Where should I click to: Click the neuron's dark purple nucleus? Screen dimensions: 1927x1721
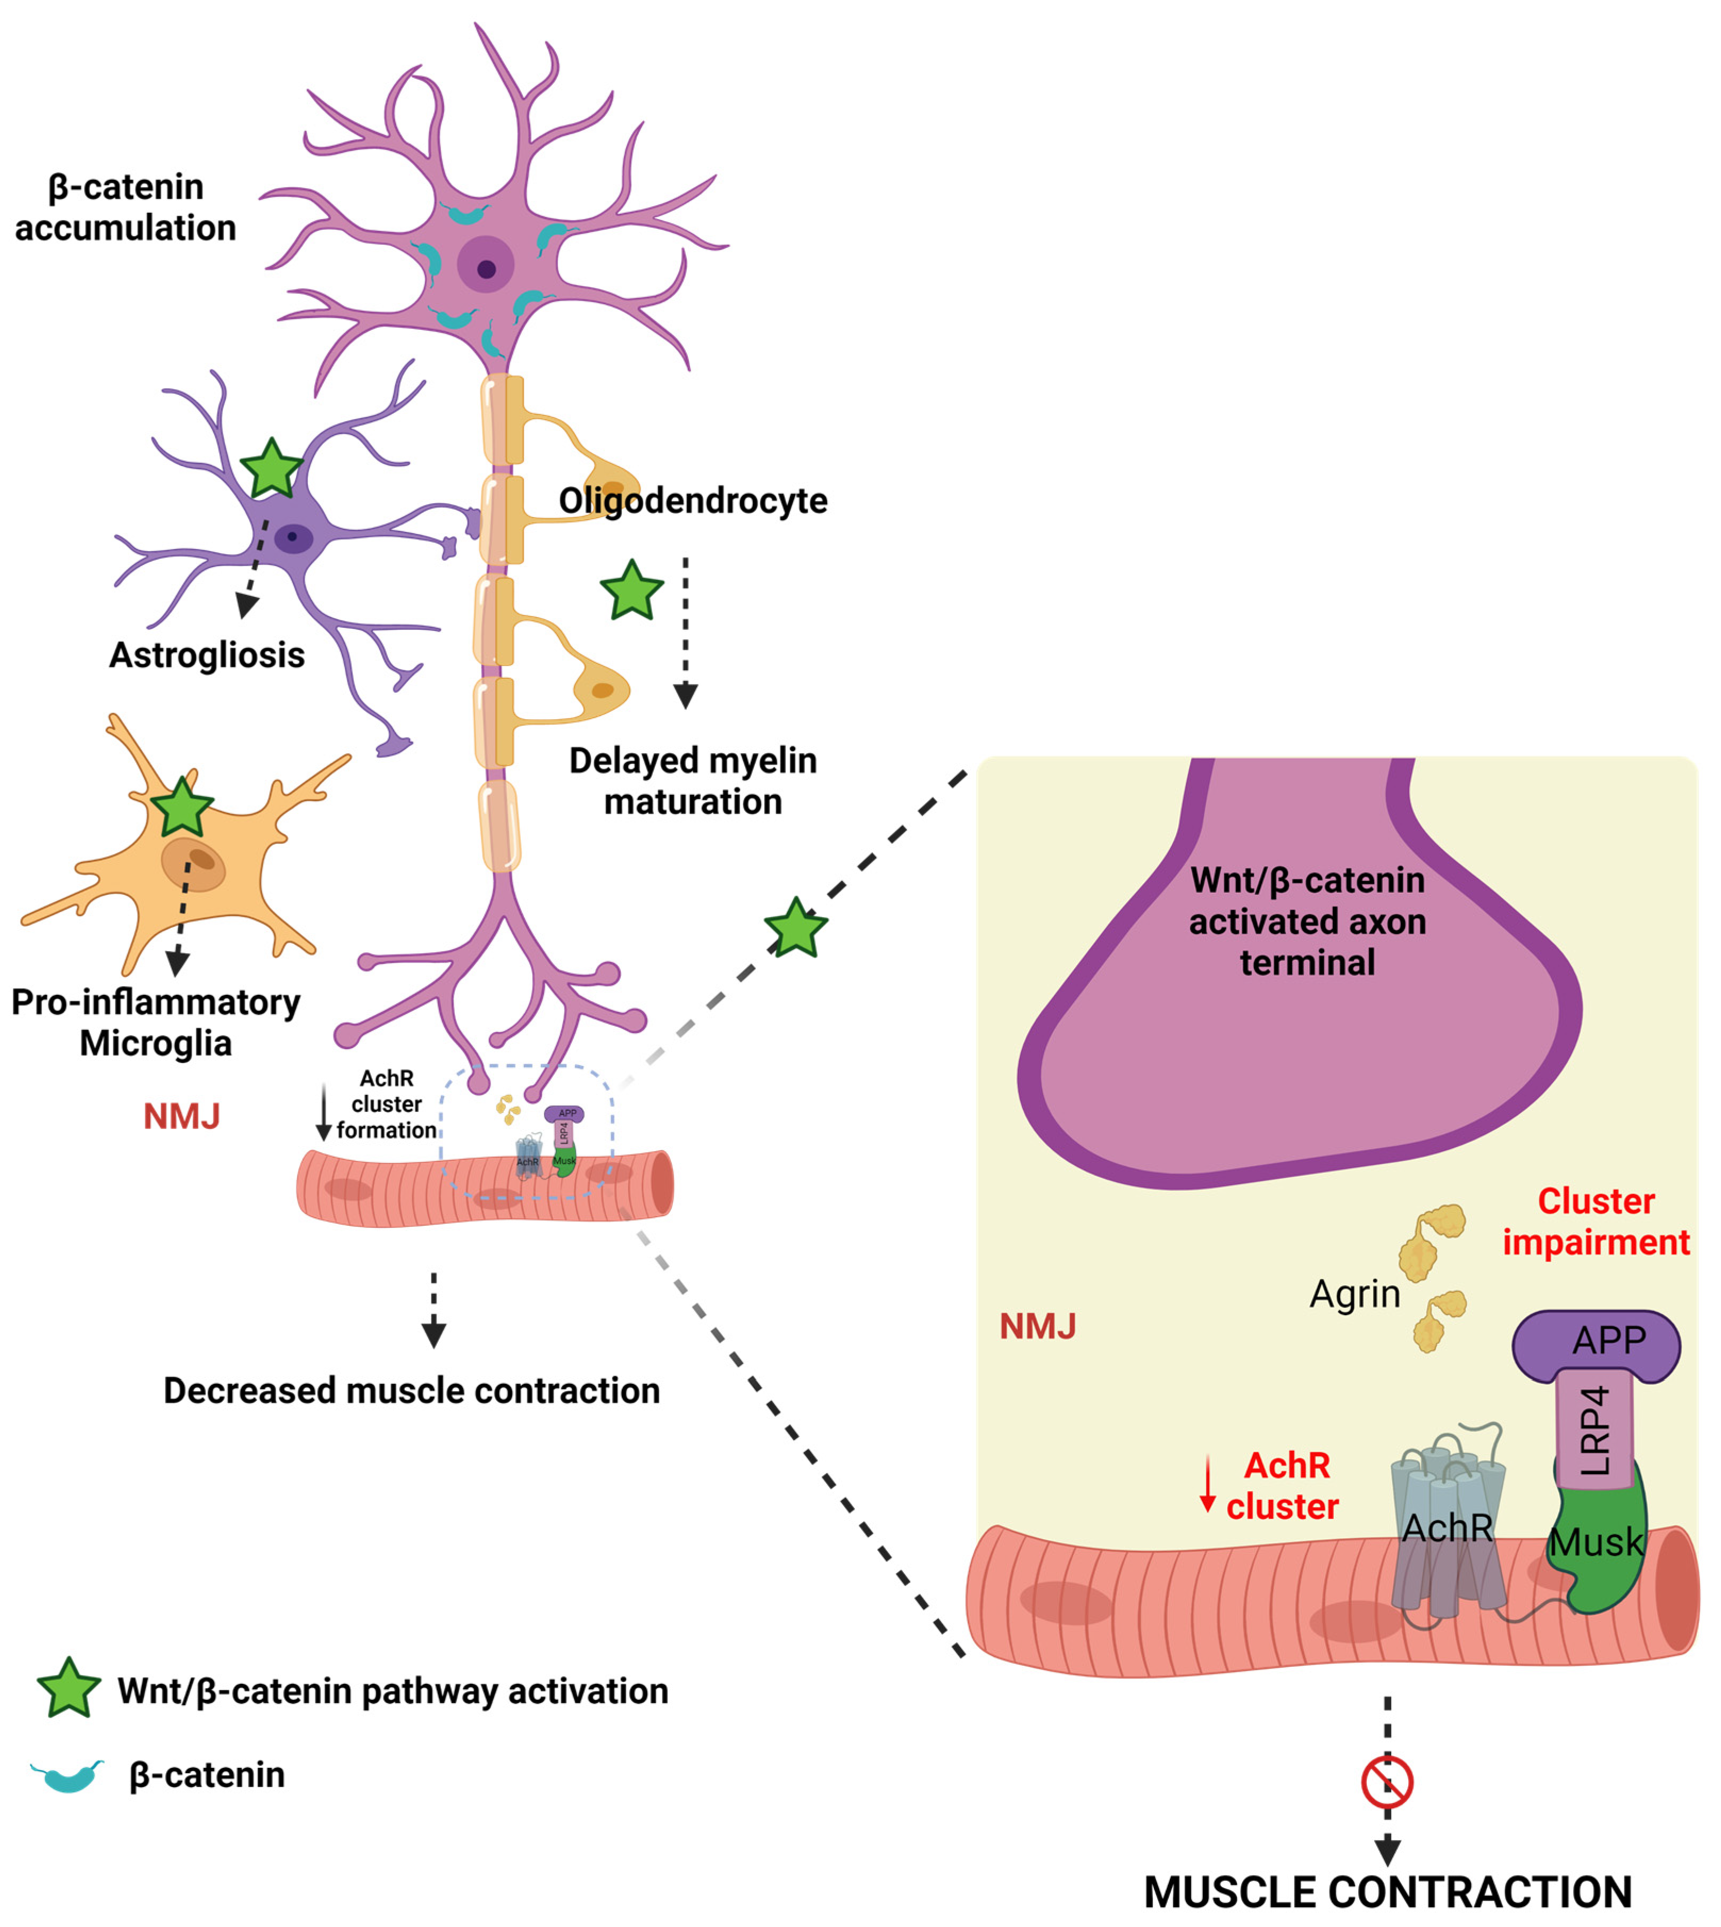[x=486, y=269]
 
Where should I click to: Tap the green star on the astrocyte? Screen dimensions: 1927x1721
[x=271, y=469]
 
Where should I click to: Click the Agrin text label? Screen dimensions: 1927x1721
[x=1354, y=1293]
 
